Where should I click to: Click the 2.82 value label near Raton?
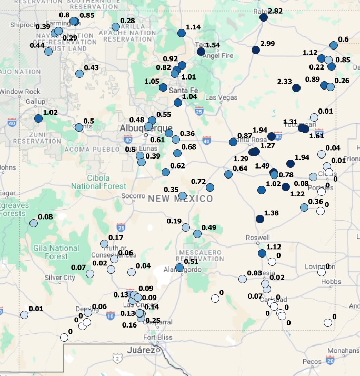[x=275, y=11]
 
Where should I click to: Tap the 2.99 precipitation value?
[x=267, y=43]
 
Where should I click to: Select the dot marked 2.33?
[x=296, y=87]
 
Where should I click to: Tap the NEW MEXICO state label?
[x=181, y=199]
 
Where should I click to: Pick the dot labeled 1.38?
[x=259, y=219]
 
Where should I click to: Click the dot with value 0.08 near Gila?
[x=34, y=223]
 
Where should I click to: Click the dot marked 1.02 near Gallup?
[x=38, y=119]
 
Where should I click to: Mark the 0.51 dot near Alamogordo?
[x=179, y=268]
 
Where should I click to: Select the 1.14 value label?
[x=193, y=27]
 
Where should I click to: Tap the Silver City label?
[x=60, y=278]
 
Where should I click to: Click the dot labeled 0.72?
[x=210, y=187]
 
